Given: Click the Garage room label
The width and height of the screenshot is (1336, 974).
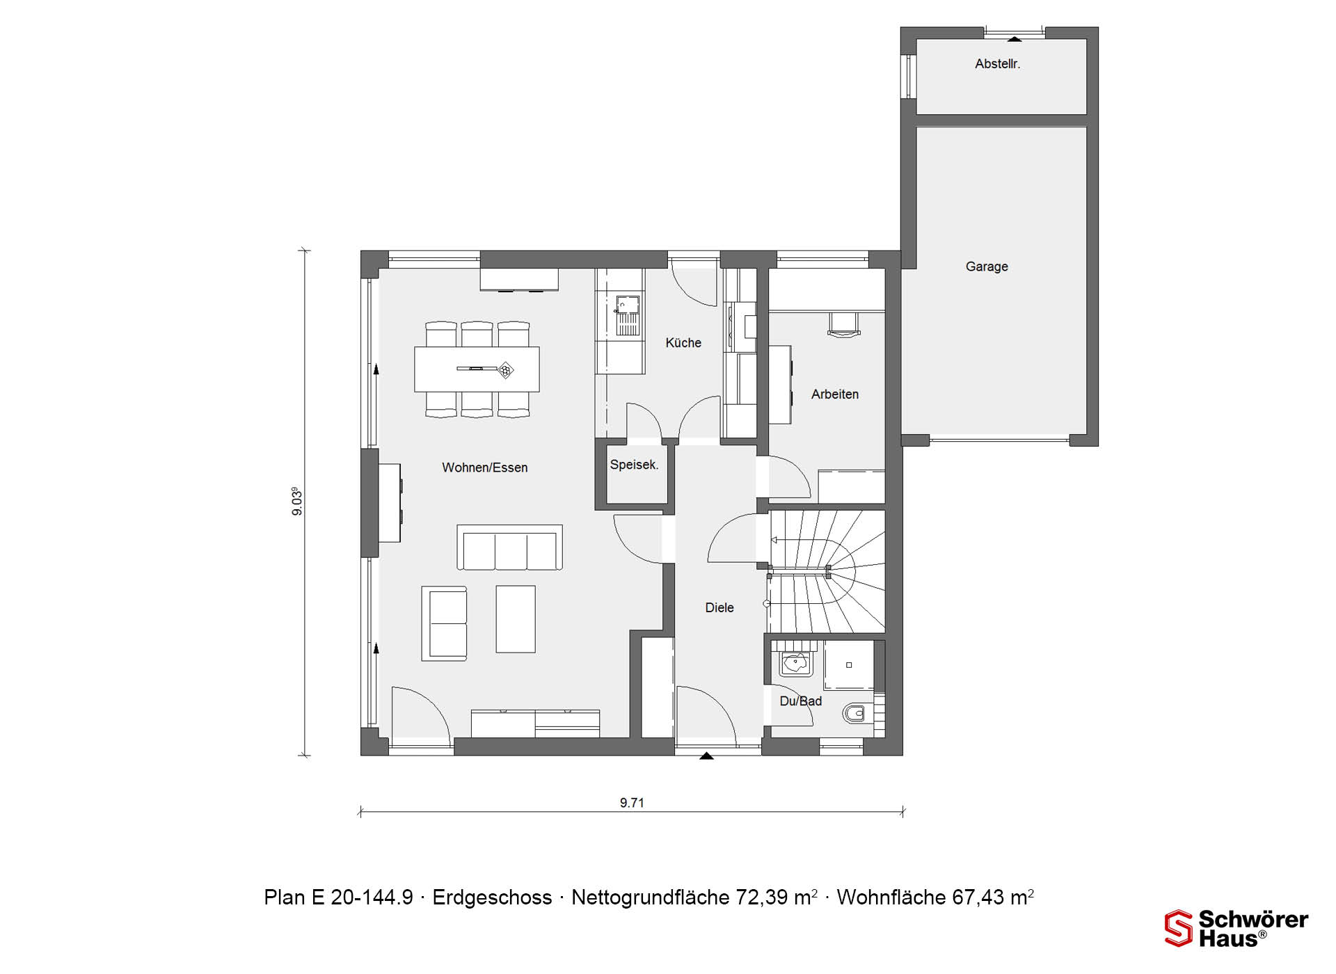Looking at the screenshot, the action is [987, 266].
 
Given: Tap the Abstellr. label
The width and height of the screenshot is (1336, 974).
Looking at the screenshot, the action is [997, 64].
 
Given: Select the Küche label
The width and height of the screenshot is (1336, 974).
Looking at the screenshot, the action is [683, 343].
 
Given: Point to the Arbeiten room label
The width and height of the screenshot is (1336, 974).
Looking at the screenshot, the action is [835, 394].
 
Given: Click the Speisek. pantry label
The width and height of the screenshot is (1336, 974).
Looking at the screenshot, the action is [634, 465].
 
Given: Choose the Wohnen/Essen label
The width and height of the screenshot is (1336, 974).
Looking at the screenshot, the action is [485, 468].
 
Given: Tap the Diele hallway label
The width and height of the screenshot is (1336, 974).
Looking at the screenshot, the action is [719, 608].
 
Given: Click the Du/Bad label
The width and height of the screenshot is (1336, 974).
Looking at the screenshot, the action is [801, 701].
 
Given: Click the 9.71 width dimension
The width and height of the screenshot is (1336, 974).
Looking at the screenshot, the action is [632, 803].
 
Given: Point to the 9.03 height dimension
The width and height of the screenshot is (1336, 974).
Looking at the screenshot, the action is [297, 502].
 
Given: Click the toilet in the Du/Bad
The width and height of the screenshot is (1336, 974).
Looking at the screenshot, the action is [857, 713].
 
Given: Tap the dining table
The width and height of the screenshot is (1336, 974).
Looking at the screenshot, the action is [477, 369].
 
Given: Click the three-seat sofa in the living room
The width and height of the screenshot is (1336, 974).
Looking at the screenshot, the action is [510, 548].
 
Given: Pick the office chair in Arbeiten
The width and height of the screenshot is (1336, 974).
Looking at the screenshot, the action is [844, 325].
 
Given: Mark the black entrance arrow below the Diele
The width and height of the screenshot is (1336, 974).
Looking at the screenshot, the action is [706, 756].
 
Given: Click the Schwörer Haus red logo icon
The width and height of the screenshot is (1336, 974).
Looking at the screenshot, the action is [1178, 928].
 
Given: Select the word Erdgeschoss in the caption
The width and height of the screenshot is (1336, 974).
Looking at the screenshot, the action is [492, 898].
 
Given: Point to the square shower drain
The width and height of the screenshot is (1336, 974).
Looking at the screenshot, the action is [849, 665].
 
